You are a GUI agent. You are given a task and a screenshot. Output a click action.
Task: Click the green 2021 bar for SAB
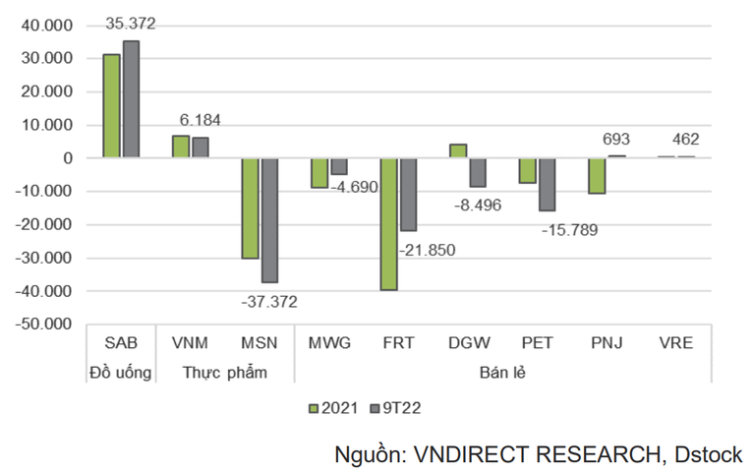[x=111, y=106]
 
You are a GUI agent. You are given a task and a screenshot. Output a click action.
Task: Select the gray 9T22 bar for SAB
[x=131, y=99]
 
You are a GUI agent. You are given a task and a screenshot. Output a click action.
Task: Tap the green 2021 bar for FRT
[x=389, y=223]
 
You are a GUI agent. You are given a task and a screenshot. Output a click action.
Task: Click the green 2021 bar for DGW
[x=458, y=150]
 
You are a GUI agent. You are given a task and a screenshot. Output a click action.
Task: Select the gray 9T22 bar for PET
[x=547, y=184]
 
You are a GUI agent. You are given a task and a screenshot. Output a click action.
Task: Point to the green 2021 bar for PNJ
[x=598, y=175]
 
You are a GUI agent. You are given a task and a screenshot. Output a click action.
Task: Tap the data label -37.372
[x=268, y=301]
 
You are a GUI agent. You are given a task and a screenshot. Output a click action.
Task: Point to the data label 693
[x=617, y=139]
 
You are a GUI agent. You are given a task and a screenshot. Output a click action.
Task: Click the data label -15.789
[x=570, y=230]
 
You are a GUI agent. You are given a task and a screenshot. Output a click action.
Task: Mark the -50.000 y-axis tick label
[x=45, y=324]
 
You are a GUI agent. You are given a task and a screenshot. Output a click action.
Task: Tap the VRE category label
[x=679, y=344]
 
